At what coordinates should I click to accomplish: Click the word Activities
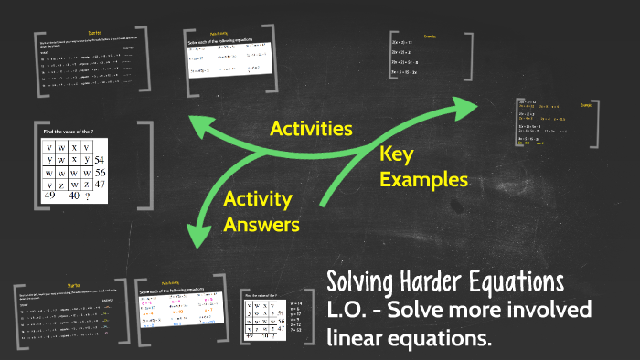pos(311,129)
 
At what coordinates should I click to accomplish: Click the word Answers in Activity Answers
pos(258,222)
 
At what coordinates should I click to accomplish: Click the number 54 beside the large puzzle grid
pos(101,161)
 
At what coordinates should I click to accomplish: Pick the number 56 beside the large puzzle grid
pos(101,173)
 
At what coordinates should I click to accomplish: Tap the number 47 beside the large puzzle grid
pos(101,185)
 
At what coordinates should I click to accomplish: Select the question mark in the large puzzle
pos(87,196)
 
